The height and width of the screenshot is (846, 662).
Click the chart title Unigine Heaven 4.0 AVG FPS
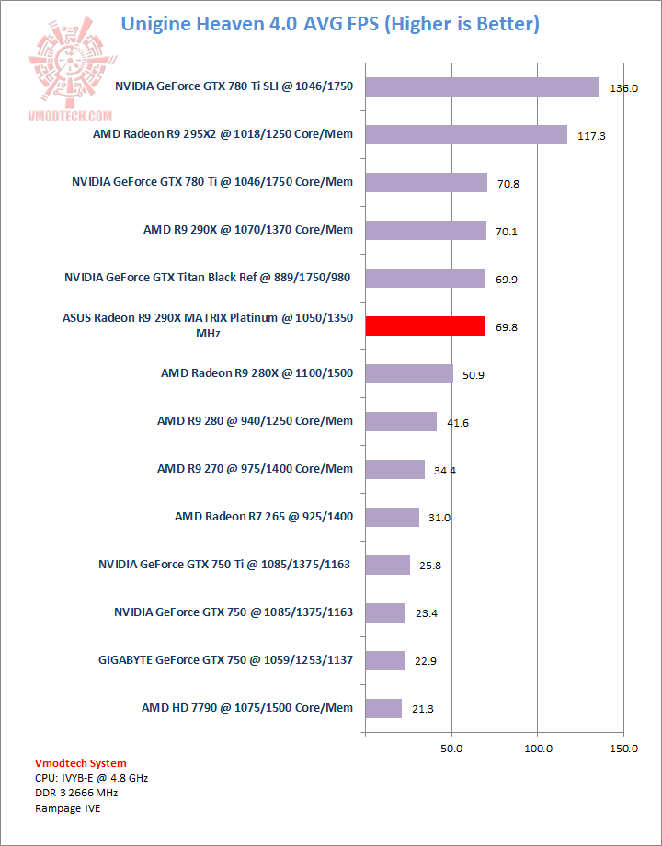point(330,23)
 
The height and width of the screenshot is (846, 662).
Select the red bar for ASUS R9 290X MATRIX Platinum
point(425,326)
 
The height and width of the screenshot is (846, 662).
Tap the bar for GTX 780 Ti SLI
point(482,86)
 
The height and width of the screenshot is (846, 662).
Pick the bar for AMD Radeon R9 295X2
point(466,134)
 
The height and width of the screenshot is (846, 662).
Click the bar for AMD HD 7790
point(383,708)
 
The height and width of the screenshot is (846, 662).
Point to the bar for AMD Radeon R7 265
point(392,517)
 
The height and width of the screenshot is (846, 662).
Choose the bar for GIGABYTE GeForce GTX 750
point(384,660)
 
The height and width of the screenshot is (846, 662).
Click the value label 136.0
point(623,88)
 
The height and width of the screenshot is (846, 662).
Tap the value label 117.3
point(591,136)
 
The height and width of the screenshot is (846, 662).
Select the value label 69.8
point(506,327)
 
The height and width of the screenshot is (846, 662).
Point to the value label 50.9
point(474,375)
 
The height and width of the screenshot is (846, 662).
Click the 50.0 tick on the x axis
point(451,749)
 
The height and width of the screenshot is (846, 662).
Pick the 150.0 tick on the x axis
point(623,749)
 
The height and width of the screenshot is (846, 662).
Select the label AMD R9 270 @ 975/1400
point(255,469)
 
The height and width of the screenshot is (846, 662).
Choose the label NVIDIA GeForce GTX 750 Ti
point(224,565)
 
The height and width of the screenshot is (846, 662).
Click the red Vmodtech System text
point(80,763)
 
